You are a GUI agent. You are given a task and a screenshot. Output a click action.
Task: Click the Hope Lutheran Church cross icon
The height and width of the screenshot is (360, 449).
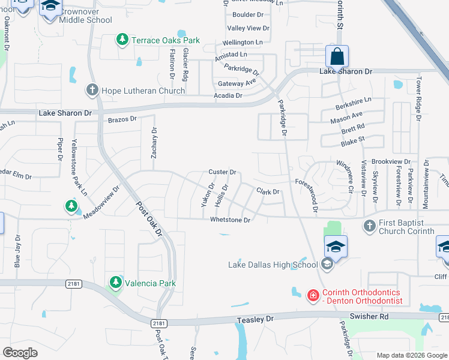tap(92, 91)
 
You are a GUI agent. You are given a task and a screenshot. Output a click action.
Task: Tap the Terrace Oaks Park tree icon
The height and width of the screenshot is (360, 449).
tap(122, 40)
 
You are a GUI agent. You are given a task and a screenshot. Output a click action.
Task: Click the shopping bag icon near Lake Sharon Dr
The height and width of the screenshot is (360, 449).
tap(337, 57)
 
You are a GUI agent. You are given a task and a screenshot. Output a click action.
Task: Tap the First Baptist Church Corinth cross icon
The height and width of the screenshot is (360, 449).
tap(370, 226)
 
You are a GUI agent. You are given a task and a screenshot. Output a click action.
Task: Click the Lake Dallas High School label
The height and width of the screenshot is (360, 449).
tap(273, 265)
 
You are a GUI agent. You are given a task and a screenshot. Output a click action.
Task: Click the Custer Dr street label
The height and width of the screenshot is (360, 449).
tap(222, 172)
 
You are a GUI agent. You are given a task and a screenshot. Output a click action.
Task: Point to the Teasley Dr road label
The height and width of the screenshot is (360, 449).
tap(255, 320)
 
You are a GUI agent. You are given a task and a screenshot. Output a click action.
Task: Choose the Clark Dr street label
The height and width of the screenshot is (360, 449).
tap(268, 192)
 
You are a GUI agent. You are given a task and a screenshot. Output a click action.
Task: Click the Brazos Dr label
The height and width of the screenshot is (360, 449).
tap(122, 119)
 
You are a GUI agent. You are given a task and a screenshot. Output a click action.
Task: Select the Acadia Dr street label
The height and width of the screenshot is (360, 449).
tap(228, 95)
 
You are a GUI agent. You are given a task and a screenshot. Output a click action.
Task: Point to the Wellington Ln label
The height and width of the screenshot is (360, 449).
tap(243, 43)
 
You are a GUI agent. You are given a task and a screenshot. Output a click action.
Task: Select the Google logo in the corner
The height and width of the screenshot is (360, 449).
tap(20, 353)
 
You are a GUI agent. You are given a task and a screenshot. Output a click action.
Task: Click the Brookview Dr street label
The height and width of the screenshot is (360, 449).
tap(391, 162)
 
